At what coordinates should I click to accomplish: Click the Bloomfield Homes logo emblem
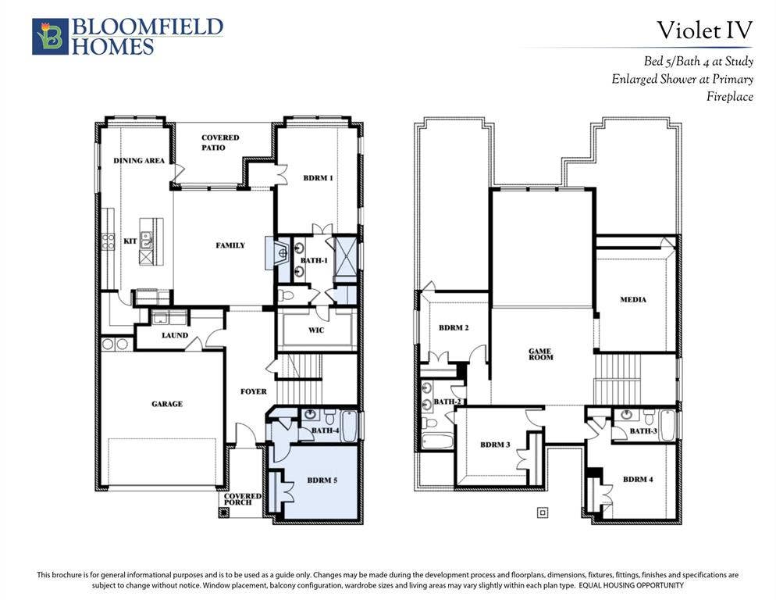click(x=51, y=36)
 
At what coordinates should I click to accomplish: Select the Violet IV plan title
click(x=704, y=30)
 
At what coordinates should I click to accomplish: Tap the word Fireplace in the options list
click(x=729, y=97)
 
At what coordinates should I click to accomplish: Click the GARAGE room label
click(x=167, y=404)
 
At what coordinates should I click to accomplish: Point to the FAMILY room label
click(x=230, y=245)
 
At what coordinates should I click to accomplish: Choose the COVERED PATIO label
click(x=220, y=142)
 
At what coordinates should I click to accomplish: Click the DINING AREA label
click(x=139, y=160)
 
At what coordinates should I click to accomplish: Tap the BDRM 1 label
click(x=319, y=178)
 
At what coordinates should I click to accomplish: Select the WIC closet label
click(x=316, y=330)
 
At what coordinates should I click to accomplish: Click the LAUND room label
click(x=175, y=335)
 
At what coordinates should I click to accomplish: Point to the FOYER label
click(x=254, y=391)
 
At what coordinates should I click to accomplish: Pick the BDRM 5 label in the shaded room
click(x=322, y=480)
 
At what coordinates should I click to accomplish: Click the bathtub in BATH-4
click(x=349, y=426)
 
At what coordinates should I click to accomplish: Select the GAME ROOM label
click(x=540, y=354)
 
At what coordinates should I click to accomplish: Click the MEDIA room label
click(x=633, y=300)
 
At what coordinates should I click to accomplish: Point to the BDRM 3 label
click(x=495, y=445)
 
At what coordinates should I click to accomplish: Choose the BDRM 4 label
click(x=638, y=480)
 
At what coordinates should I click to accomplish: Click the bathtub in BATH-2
click(x=437, y=441)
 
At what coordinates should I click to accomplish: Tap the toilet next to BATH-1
click(x=286, y=296)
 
